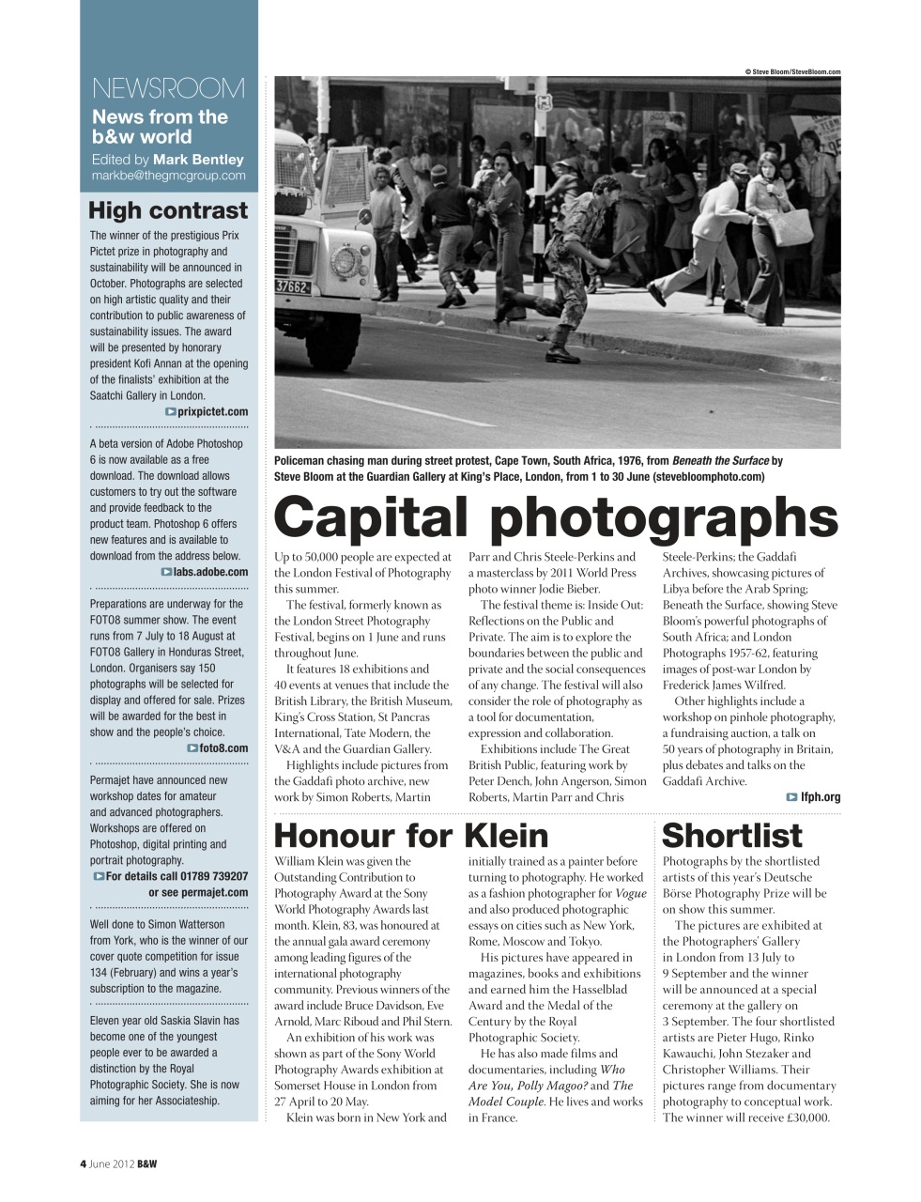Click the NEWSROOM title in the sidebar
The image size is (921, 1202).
tap(168, 88)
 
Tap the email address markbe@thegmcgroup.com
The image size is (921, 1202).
tap(168, 175)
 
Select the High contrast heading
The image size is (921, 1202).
tap(168, 210)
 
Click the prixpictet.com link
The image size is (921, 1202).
tap(212, 411)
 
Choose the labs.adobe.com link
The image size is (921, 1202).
tap(210, 571)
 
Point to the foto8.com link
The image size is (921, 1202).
tap(223, 747)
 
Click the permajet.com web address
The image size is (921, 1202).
tap(214, 892)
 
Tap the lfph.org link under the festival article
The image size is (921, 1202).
tap(820, 796)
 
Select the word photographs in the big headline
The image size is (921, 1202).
tap(664, 518)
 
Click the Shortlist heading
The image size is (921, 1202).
tap(732, 835)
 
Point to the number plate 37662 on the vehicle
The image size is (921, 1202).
tap(292, 286)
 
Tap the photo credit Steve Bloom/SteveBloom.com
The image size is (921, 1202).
tap(792, 71)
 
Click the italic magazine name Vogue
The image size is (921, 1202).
tap(631, 893)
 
